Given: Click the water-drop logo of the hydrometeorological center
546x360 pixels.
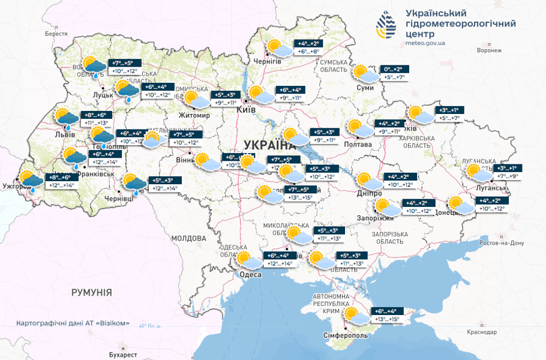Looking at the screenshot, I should [386, 23].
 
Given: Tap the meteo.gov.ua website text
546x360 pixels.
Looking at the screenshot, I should [425, 43].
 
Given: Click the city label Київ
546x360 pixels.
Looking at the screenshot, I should [246, 110].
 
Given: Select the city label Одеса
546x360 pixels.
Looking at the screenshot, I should [250, 274].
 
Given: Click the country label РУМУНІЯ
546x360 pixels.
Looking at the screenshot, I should [91, 292].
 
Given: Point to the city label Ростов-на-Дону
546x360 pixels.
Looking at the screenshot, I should [502, 243].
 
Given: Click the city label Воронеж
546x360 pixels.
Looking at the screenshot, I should [488, 50].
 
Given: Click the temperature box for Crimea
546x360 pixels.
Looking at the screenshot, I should [386, 315].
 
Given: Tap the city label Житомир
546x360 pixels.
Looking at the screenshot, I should [194, 115].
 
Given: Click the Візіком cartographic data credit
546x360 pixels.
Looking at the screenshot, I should [73, 323].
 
